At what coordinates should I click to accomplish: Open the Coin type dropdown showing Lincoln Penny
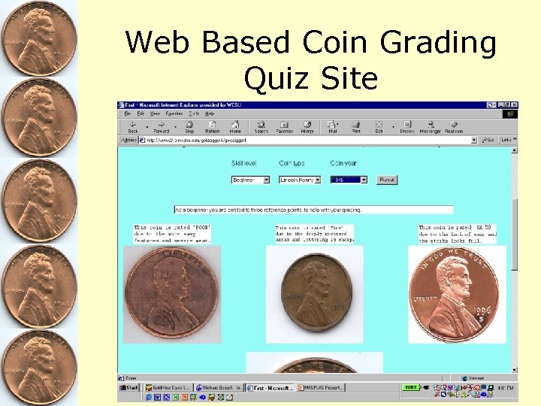pyautogui.click(x=300, y=180)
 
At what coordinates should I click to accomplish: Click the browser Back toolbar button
pyautogui.click(x=133, y=126)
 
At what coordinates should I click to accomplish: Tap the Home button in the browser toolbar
pyautogui.click(x=235, y=126)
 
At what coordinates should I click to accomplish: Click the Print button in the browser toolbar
pyautogui.click(x=356, y=126)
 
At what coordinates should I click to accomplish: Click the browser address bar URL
pyautogui.click(x=301, y=140)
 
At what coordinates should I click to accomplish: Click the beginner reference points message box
pyautogui.click(x=313, y=209)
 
